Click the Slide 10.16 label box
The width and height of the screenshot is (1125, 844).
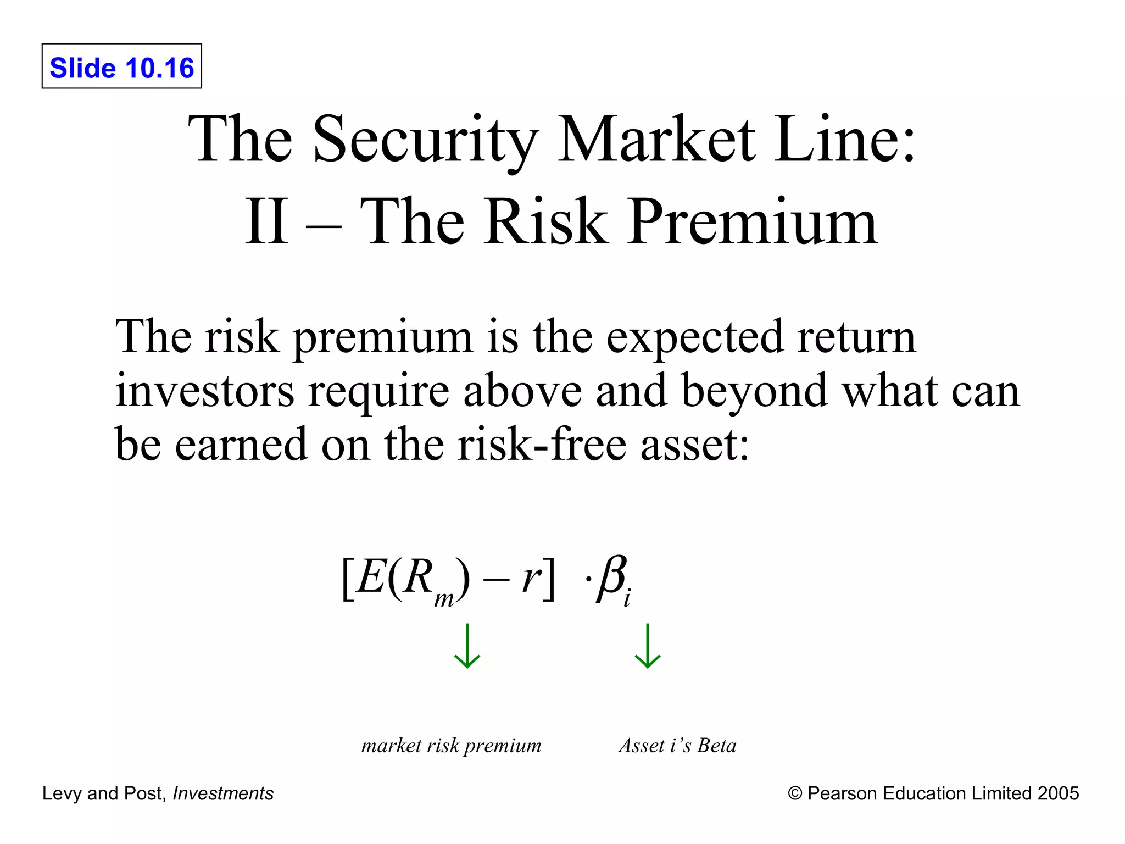[x=122, y=66]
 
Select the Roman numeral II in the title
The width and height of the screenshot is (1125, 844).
[x=266, y=221]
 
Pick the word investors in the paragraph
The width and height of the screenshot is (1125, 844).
[x=204, y=391]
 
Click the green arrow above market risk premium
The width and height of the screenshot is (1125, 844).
[x=467, y=646]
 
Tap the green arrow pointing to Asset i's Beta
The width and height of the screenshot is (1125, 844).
[x=648, y=646]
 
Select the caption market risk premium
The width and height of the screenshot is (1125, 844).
[x=451, y=746]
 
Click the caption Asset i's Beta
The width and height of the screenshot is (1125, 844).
[x=677, y=746]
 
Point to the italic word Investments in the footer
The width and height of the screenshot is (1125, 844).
[x=223, y=793]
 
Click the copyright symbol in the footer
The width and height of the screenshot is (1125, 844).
[x=794, y=793]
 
